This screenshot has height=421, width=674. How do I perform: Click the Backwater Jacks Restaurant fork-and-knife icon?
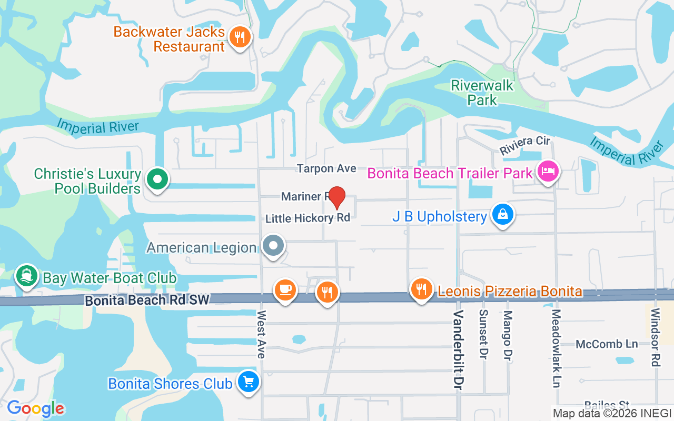240,37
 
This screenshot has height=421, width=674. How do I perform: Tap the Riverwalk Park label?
482,92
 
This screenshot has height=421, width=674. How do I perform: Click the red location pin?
336,197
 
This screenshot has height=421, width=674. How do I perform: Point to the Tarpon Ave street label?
326,168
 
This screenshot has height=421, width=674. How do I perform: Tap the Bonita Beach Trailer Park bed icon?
548,172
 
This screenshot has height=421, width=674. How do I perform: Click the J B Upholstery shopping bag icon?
503,215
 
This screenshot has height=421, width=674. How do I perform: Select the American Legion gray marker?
273,246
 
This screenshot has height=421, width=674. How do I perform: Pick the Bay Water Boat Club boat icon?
26,276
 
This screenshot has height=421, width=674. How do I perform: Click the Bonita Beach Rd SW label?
147,300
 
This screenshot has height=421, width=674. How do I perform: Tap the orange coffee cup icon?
285,289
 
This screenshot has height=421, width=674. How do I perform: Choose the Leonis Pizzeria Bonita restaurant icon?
421,289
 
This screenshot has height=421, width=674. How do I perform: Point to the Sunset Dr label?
483,334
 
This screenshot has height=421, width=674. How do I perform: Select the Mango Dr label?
508,334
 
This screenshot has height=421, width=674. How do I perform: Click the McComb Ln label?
607,344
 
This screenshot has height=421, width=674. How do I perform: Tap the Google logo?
36,408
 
